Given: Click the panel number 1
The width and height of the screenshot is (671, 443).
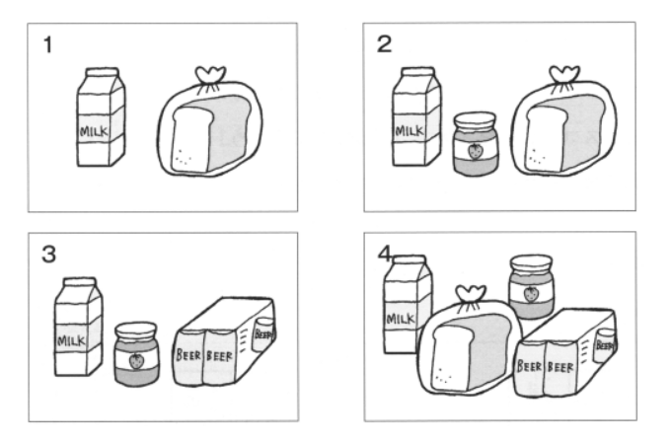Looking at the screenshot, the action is coord(48,44).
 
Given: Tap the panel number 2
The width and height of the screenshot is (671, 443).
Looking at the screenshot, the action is coord(384,44).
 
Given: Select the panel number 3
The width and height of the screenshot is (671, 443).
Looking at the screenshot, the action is coord(48,254).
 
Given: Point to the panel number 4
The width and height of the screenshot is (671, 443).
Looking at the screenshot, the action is coord(385,255).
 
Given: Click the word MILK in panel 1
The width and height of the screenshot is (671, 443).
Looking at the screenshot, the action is coord(94,131).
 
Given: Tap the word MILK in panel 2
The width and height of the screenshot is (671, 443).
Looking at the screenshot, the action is coord(410,130).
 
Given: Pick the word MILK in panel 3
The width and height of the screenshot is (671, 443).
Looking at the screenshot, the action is coord(71,341).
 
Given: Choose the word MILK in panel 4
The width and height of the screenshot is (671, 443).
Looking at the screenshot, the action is coord(401,320).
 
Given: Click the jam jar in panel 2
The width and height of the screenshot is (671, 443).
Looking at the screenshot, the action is coord(476,144).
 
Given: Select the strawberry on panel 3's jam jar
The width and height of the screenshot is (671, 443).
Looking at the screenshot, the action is coord(136,361).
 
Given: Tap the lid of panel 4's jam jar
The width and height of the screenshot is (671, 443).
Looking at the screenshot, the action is coord(531,261).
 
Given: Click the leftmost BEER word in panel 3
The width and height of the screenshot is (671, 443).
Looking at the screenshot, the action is coord(188,355).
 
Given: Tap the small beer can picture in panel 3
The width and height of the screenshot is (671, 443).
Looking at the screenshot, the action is coord(264,334).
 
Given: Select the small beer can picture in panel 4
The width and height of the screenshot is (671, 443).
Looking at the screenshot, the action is coord(605,345).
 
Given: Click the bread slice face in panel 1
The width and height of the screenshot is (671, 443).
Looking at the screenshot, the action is coord(190,140).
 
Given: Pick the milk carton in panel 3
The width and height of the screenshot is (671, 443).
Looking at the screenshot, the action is coord(79,327).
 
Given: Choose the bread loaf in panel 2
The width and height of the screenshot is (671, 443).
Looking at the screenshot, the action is coord(564,133).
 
